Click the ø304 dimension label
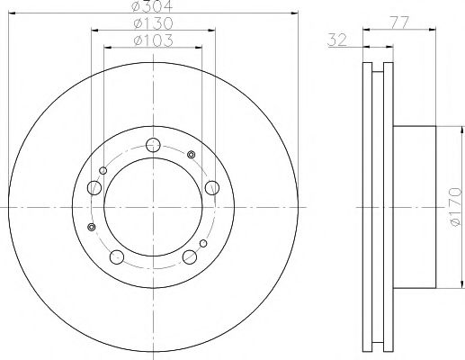(154, 7)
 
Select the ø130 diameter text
(154, 23)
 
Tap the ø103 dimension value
(154, 40)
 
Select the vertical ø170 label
(452, 207)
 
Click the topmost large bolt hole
(153, 144)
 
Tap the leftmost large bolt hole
(94, 189)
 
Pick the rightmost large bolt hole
(212, 187)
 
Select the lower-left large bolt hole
(118, 257)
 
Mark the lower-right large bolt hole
(190, 257)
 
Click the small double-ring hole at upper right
(190, 157)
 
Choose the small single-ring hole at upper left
(103, 171)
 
